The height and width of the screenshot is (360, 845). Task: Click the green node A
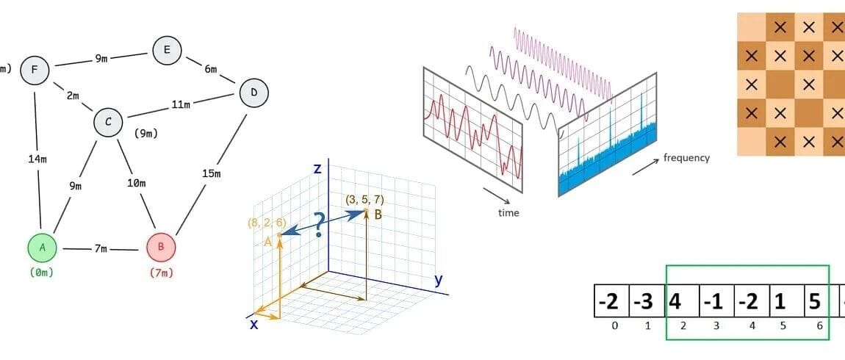point(43,248)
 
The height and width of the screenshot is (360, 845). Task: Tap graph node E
point(167,50)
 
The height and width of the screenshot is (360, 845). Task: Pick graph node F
point(34,71)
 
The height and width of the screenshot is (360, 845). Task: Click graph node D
point(253,93)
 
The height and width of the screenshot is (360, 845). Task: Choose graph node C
point(108,122)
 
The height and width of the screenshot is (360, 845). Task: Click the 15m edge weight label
point(210,173)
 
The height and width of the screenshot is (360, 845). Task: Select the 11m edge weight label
point(181,105)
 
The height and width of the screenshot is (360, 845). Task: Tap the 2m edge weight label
point(73,96)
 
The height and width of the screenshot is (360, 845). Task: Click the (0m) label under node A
point(43,273)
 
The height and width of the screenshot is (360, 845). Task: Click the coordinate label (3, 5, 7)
point(365,199)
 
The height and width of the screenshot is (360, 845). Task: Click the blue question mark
point(319,224)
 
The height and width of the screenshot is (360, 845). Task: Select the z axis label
point(317,169)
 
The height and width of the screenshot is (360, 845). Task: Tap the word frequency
point(686,157)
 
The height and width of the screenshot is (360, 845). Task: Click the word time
point(508,213)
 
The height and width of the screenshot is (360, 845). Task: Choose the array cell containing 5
point(813,301)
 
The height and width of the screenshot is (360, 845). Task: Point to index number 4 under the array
point(749,325)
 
